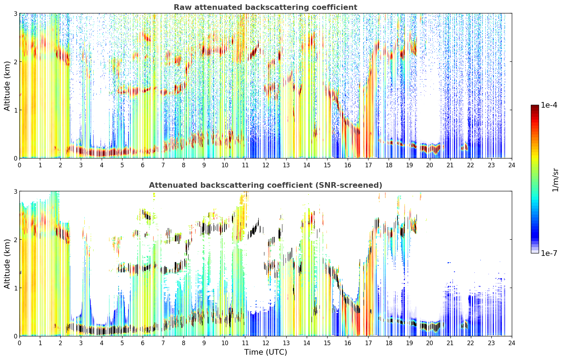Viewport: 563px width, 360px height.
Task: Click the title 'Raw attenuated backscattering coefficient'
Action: (265, 7)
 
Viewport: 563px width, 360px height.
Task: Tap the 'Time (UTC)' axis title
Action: (265, 352)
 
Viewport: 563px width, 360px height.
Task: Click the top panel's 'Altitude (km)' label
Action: (7, 86)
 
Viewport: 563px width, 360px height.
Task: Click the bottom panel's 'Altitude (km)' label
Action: (7, 264)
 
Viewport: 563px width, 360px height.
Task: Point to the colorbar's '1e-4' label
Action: (549, 105)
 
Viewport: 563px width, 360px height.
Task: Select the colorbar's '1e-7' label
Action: (549, 253)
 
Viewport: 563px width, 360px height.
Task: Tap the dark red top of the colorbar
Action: (535, 107)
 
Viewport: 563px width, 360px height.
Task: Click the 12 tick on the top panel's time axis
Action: (266, 165)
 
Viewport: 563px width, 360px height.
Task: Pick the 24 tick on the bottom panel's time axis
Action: (512, 343)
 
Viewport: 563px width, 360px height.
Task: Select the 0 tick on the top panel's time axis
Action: (20, 165)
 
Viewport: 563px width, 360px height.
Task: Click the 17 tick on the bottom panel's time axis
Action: (368, 343)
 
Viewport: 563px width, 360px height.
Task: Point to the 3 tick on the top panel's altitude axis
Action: (15, 13)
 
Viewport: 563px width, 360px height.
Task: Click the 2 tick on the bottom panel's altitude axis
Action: (15, 240)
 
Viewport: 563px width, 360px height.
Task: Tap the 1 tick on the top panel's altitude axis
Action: (15, 110)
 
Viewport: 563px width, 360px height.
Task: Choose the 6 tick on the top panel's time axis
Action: (143, 165)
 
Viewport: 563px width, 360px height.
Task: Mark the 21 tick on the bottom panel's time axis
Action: (450, 343)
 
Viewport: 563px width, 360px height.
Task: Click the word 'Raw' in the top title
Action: (183, 7)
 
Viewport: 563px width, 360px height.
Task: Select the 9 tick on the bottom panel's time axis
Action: (204, 343)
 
